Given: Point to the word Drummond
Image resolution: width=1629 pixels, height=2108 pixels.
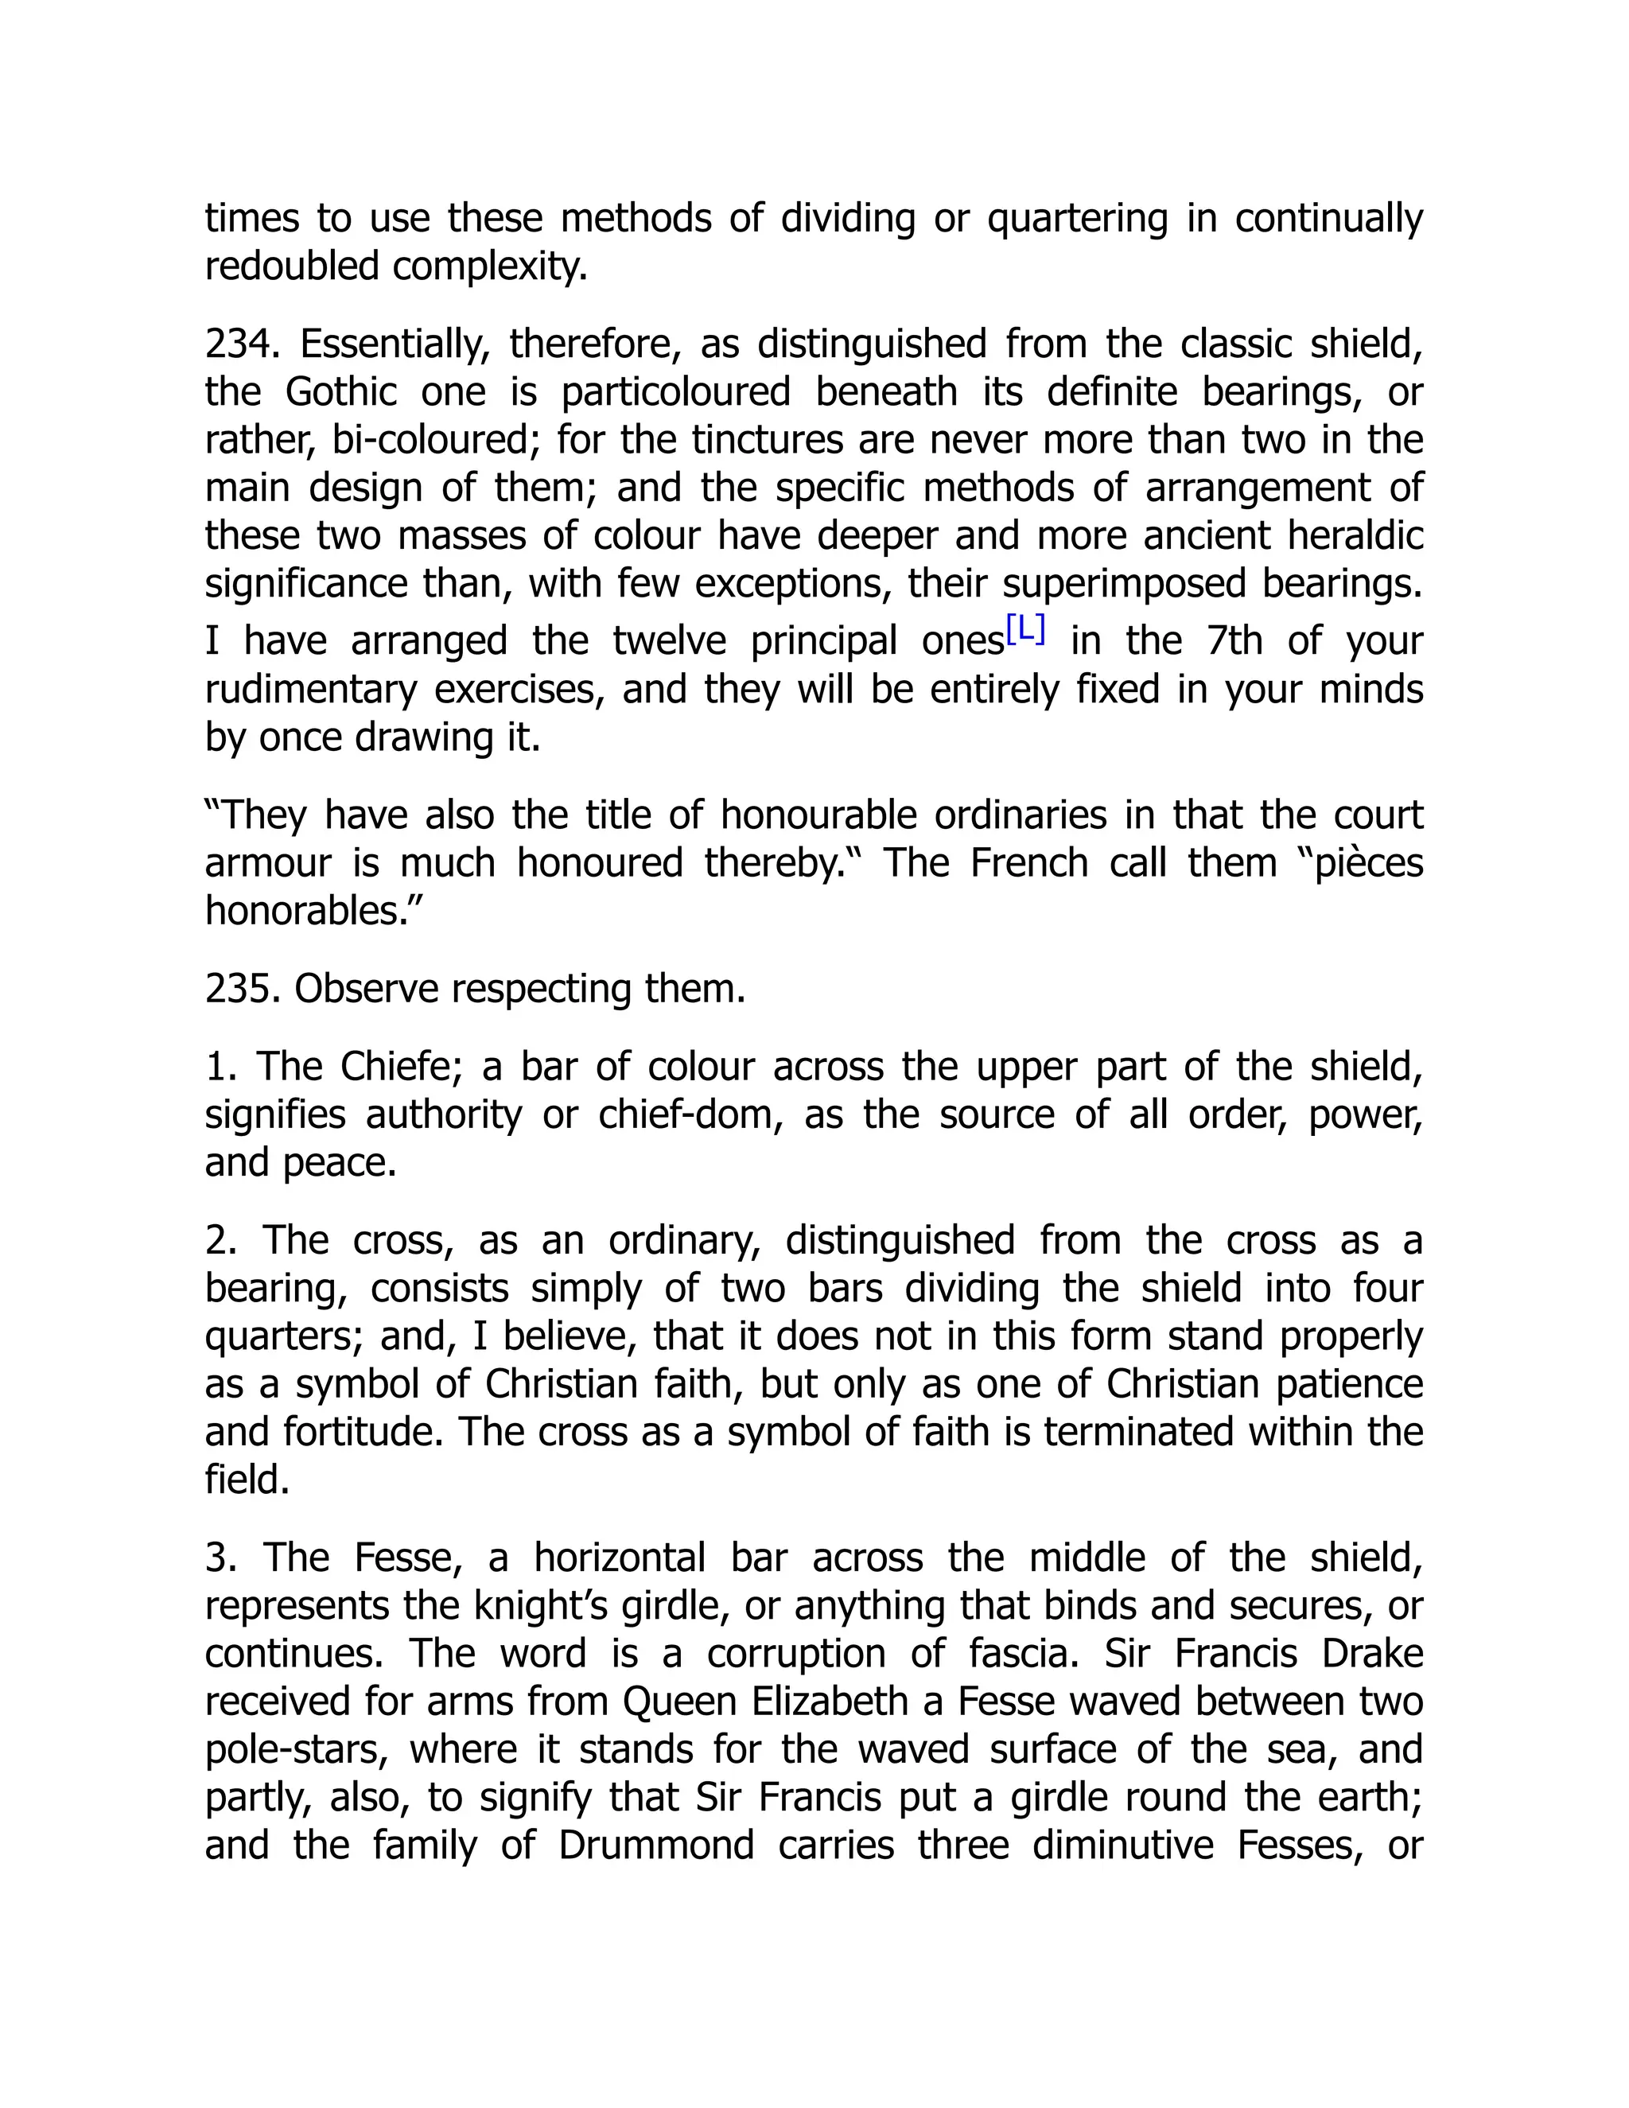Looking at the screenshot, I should (656, 1845).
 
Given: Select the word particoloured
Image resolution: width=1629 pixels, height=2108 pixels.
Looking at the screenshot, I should (675, 393).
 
